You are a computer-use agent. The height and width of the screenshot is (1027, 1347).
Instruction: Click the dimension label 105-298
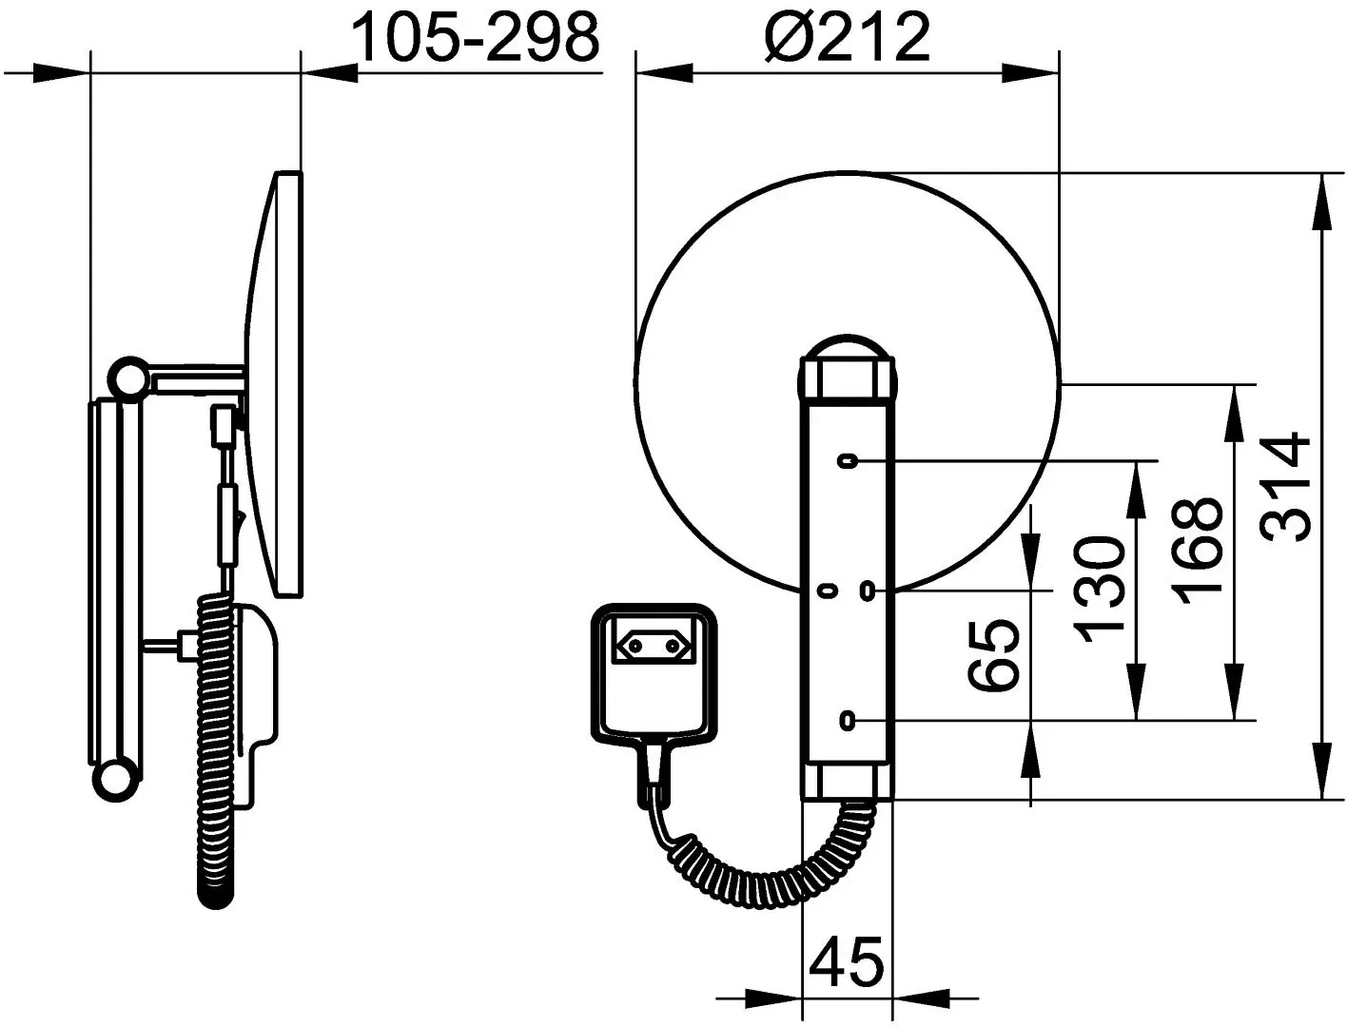pos(477,37)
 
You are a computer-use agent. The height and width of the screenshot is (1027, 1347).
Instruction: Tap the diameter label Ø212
pos(848,37)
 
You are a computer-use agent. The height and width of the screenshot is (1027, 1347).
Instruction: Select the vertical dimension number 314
pos(1287,487)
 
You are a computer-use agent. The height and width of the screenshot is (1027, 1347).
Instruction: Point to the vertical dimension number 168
pos(1196,551)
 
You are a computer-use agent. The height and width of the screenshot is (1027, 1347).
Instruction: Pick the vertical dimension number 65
pos(994,654)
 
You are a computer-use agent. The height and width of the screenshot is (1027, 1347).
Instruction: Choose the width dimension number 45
pos(847,961)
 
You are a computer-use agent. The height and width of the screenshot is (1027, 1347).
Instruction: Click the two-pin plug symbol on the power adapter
pos(654,646)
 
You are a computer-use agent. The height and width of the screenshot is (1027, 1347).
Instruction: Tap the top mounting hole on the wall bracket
pos(848,460)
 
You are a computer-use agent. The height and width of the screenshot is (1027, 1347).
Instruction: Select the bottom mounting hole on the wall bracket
pos(848,721)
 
